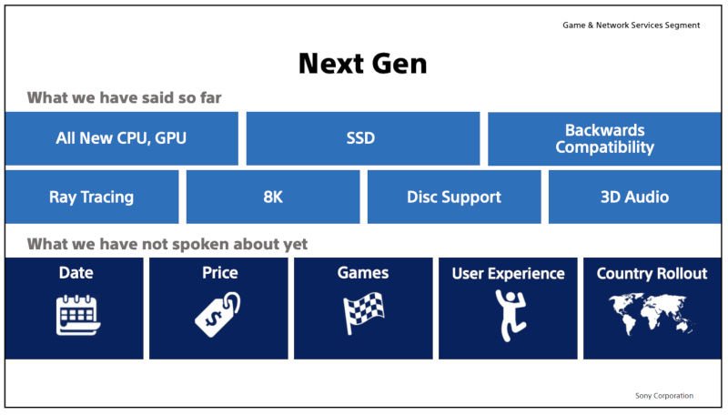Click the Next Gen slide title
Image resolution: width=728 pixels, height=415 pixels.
362,63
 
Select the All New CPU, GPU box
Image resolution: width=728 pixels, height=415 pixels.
121,138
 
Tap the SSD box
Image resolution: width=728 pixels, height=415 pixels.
361,138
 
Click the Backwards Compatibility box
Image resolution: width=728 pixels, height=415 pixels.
604,138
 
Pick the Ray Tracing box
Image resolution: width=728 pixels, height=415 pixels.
91,197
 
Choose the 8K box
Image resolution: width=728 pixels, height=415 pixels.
272,197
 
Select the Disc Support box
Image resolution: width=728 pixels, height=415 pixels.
453,197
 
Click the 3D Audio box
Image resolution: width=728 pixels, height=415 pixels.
634,197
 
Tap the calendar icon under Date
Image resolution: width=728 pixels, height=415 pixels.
76,315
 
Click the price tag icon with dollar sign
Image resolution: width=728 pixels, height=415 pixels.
218,314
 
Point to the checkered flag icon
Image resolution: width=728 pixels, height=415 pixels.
362,314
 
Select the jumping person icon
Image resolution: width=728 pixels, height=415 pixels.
508,314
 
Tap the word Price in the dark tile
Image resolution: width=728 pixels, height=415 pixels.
219,273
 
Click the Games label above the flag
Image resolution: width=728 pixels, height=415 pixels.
363,273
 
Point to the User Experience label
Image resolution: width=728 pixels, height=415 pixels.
508,273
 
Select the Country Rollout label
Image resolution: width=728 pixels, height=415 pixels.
652,273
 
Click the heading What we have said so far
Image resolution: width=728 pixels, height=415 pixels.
124,97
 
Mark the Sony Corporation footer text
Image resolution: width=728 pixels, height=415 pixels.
663,396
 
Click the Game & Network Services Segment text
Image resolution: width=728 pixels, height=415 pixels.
631,25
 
